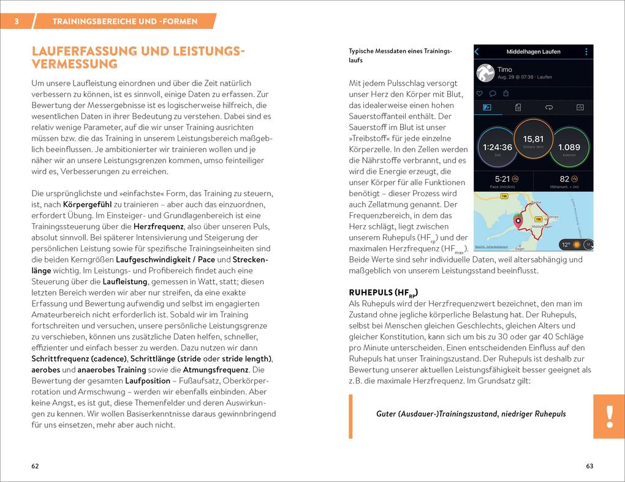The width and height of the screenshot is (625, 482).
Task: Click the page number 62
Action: (35, 466)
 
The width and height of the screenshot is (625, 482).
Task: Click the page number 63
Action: (589, 466)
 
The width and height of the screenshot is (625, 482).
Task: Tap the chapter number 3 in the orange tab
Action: (17, 21)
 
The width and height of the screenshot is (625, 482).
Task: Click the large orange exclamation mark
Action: (608, 416)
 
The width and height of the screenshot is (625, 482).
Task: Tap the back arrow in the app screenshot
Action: (477, 52)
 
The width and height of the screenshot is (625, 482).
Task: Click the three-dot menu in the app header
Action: (586, 52)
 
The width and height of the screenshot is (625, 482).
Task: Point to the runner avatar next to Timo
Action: (486, 73)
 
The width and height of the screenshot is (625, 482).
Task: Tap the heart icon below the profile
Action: (479, 93)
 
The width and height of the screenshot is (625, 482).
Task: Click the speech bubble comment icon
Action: (492, 93)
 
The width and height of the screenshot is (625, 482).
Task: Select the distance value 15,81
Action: (533, 139)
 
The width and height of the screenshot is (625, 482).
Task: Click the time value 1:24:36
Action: (497, 147)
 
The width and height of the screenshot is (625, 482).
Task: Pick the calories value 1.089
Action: (569, 147)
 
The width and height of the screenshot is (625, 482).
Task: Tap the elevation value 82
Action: (565, 179)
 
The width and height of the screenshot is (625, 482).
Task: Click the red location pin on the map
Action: (518, 222)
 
